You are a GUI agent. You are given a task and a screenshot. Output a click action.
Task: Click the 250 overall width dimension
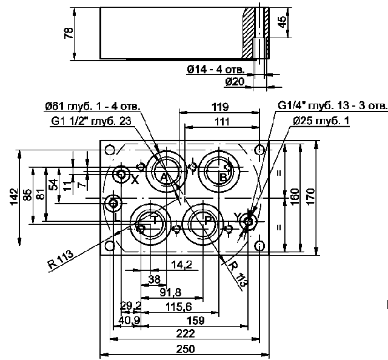pos(186,349)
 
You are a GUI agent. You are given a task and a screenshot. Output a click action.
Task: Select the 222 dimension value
pos(186,334)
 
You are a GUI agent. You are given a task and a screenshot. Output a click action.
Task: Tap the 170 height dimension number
pos(310,196)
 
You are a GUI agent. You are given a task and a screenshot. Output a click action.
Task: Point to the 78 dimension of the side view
pos(69,33)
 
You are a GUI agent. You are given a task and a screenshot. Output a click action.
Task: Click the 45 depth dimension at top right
pos(282,22)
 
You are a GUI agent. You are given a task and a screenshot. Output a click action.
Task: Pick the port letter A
pos(164,178)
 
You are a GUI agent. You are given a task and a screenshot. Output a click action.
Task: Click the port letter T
pos(154,219)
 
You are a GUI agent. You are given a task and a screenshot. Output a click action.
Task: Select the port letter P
pos(208,220)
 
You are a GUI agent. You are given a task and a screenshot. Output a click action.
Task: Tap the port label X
pos(135,180)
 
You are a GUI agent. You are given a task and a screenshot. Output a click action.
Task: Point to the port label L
pos(117,218)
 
